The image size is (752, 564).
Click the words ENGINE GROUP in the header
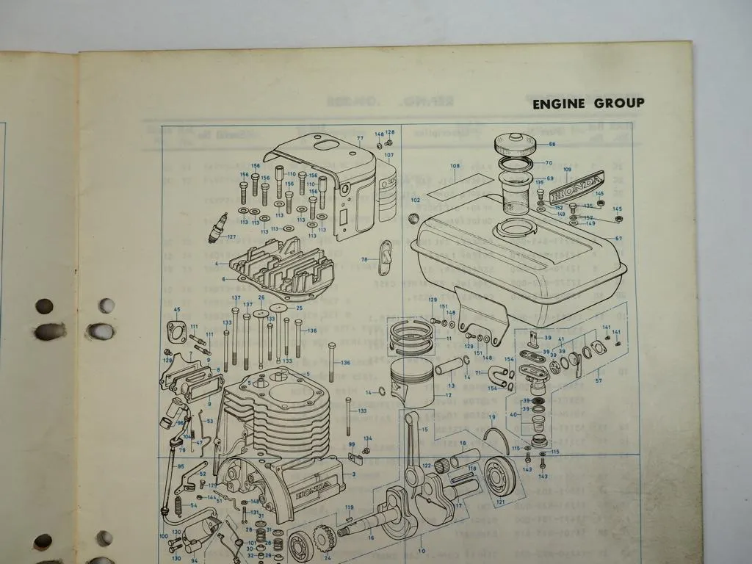click(x=588, y=104)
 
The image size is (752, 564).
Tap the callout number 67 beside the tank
click(x=618, y=238)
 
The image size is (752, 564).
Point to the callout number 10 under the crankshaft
click(x=422, y=550)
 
